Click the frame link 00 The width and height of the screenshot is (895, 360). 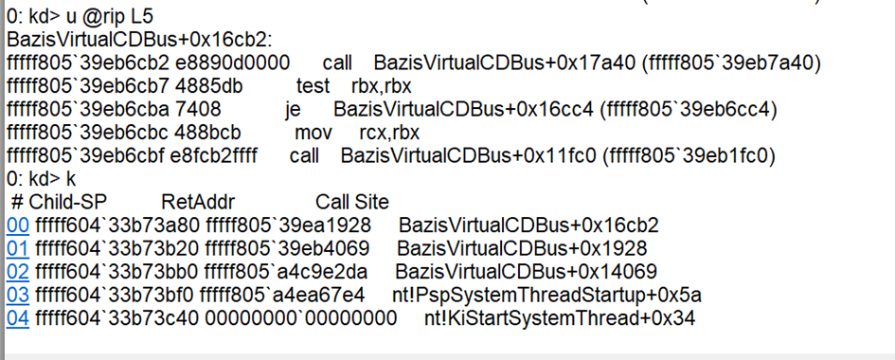18,225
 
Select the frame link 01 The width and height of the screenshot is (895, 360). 18,249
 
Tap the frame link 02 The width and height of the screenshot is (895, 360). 18,272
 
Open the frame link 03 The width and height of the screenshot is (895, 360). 18,296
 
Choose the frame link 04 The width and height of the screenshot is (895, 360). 18,318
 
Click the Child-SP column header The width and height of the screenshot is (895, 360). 68,202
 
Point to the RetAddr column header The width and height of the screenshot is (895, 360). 198,202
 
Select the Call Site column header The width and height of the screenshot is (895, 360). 352,202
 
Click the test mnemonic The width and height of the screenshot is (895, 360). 313,87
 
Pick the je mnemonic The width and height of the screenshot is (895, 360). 294,110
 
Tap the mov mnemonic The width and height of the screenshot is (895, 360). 313,133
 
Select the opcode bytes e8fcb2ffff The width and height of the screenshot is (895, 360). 214,155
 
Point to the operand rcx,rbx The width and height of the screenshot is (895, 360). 389,133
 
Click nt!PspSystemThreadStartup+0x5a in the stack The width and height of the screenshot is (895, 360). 546,296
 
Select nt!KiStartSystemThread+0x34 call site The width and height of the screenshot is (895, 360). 560,318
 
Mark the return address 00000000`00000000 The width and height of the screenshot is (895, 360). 301,318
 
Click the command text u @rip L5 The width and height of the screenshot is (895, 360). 106,17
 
